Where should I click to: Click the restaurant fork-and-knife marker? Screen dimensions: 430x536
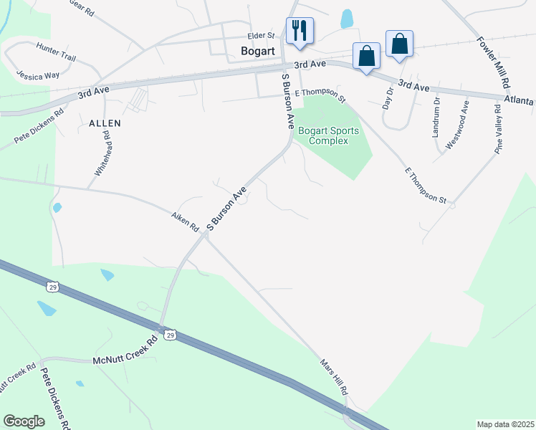coord(300,31)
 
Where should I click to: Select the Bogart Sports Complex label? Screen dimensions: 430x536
coord(328,135)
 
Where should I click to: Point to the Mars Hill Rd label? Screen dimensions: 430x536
coord(333,378)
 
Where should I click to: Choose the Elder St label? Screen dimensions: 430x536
coord(261,35)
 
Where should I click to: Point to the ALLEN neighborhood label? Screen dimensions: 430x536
coord(105,123)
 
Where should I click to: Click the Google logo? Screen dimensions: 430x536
coord(24,421)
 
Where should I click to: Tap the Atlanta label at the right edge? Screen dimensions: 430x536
coord(519,101)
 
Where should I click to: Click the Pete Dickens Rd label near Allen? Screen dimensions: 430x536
coord(40,123)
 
